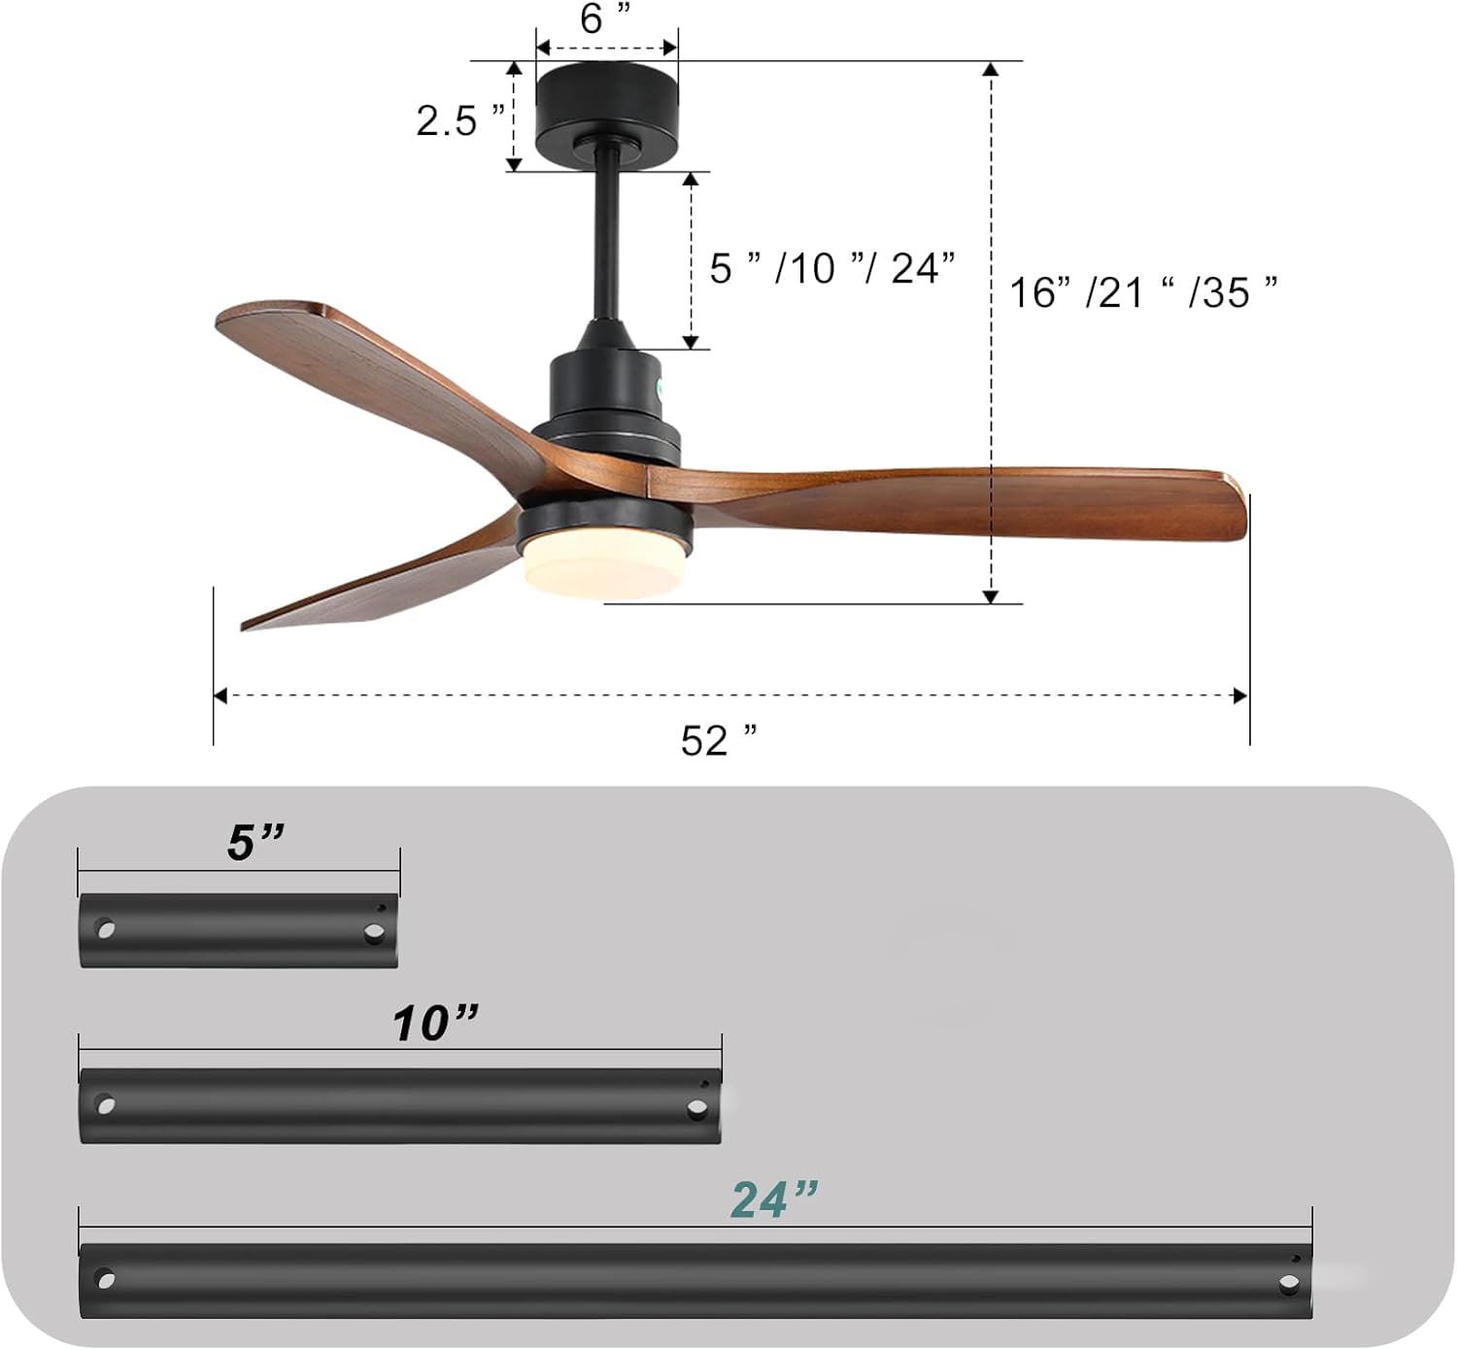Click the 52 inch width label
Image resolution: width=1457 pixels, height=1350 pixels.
(x=718, y=740)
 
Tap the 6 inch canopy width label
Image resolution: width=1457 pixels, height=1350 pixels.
(x=605, y=18)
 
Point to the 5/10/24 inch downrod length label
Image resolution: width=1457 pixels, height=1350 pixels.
(x=831, y=268)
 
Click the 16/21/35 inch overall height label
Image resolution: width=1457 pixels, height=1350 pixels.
(x=1142, y=292)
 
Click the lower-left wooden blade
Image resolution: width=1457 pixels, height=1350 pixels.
(x=389, y=583)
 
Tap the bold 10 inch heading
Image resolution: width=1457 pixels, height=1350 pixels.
(x=435, y=1023)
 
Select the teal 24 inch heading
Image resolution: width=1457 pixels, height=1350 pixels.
(x=773, y=1199)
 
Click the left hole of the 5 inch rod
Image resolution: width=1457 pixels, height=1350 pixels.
(x=105, y=929)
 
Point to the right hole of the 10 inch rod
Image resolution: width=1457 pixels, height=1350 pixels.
(x=696, y=1107)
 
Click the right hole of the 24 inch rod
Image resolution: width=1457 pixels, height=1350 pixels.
(x=1288, y=1283)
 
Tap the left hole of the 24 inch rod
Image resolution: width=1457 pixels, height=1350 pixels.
(x=105, y=1279)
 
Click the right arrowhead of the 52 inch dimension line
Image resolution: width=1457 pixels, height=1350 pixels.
(x=1240, y=695)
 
